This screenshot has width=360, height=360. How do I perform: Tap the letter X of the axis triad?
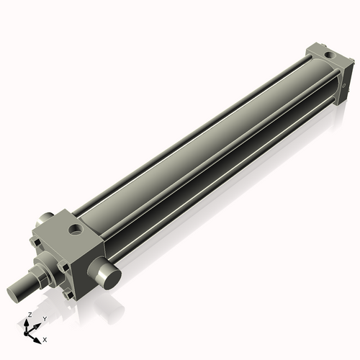[x=45, y=338]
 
